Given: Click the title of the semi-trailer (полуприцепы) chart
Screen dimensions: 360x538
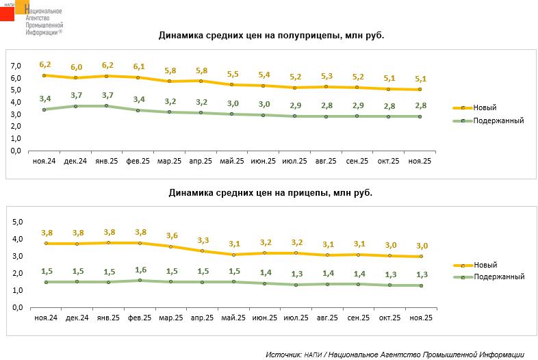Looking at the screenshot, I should point(270,35).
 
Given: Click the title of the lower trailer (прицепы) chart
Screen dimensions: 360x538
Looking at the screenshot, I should point(270,193).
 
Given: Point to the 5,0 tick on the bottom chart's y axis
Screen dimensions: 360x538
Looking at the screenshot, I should point(18,222).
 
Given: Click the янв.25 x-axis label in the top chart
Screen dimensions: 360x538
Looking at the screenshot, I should point(107,161).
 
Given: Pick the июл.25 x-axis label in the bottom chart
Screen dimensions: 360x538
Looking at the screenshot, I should point(294,318).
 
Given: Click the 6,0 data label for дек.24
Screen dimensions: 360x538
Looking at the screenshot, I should point(76,67).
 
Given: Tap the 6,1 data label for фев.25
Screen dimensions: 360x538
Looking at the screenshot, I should point(138,66).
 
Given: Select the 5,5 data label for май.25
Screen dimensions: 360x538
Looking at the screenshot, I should point(232,74).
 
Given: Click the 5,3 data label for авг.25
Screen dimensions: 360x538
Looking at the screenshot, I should point(326,76).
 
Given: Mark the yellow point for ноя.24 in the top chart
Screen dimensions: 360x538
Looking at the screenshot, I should point(44,75).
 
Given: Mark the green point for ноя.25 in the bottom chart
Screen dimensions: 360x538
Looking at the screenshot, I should point(421,285).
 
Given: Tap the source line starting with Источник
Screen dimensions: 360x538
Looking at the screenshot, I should point(394,355).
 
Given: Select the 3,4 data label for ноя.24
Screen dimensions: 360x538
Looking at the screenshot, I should point(44,99).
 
